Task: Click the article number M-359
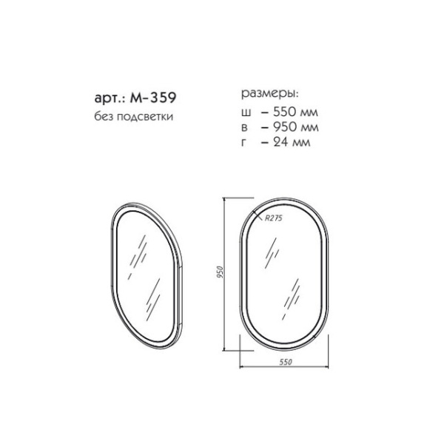[153, 98]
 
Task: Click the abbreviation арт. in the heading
[110, 98]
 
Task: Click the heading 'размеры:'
[270, 95]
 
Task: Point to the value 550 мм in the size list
[294, 112]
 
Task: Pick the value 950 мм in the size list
[294, 127]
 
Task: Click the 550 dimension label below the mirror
[286, 362]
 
